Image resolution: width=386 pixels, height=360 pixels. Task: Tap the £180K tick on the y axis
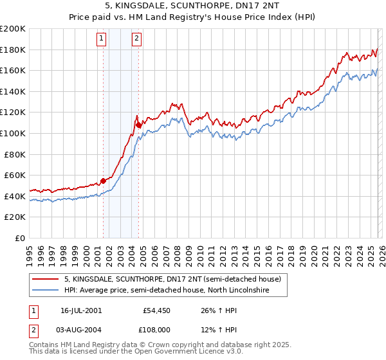point(14,50)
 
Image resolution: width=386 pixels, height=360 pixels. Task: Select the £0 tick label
point(20,238)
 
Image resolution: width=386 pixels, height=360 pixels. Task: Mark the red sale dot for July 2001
point(103,181)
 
